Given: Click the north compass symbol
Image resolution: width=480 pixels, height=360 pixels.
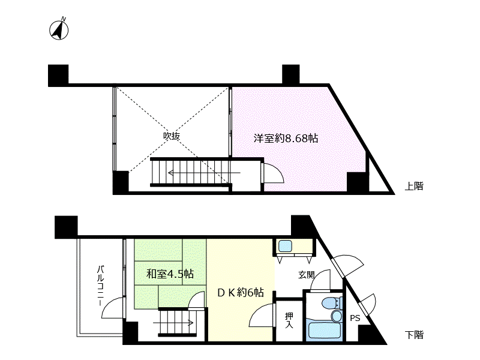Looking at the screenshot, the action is (x=59, y=29).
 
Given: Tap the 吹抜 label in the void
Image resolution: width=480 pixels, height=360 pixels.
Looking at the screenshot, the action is (x=171, y=136).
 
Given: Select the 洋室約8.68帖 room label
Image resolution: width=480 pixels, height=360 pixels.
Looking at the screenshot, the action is (x=286, y=139).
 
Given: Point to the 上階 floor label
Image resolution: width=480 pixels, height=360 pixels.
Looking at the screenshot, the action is (x=414, y=186).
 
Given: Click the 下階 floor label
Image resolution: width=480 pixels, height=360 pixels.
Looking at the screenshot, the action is (x=414, y=335).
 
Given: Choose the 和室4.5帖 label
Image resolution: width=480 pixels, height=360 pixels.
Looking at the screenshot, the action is (x=170, y=274).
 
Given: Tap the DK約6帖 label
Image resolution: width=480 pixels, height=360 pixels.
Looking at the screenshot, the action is (x=241, y=293).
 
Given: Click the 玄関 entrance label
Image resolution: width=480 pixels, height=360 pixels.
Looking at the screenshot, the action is (x=307, y=275).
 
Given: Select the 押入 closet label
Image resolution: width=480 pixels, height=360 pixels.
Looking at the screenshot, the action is (x=289, y=320).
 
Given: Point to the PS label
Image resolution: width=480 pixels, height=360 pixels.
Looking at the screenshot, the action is (x=355, y=318).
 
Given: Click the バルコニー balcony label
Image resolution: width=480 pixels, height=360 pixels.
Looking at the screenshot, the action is (x=101, y=286).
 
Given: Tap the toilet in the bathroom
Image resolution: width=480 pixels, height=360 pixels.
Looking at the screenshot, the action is (x=332, y=303).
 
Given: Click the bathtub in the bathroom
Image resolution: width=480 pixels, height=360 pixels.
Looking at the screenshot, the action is (x=324, y=330).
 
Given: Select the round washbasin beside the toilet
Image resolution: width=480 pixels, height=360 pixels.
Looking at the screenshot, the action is (x=337, y=316).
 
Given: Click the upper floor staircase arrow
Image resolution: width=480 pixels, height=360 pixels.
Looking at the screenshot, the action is (x=204, y=173).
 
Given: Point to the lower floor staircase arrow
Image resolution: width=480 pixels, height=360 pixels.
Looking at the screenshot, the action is (x=173, y=322).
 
